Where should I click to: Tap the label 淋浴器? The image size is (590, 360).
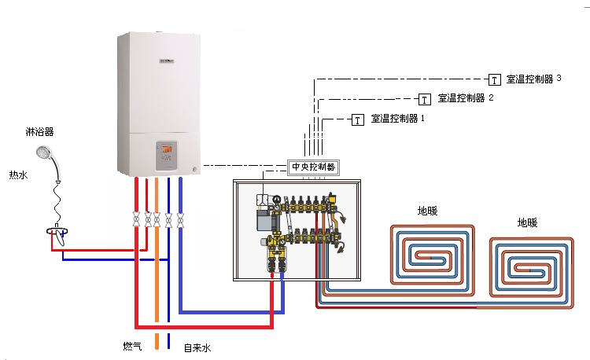(39, 131)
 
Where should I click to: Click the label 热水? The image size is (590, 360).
(18, 174)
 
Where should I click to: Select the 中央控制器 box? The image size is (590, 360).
(313, 167)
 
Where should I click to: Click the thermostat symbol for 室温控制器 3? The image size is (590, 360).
(495, 79)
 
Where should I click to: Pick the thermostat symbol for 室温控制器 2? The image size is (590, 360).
(425, 99)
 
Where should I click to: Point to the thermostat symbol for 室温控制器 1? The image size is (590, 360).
(357, 119)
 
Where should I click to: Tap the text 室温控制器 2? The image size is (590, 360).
(465, 98)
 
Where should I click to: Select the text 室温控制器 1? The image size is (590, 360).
(397, 119)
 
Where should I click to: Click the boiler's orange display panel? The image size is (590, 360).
(168, 150)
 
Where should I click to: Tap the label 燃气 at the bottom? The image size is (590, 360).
(132, 346)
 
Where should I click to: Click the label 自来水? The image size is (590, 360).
(197, 347)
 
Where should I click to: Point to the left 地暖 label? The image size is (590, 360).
(428, 211)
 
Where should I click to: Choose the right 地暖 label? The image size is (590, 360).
(528, 222)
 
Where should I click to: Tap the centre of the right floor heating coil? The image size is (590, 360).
(529, 269)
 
